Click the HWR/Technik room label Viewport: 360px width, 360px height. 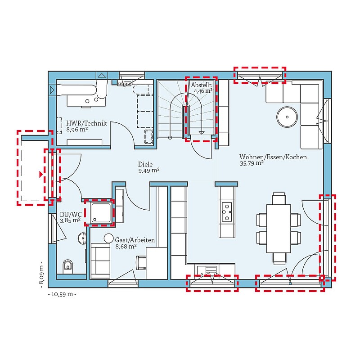(86, 123)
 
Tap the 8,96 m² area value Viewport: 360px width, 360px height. (77, 130)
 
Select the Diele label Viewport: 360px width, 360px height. (145, 164)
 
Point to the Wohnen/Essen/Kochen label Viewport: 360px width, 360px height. (273, 157)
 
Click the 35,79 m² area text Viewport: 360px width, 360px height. (252, 163)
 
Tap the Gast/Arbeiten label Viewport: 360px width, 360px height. (135, 240)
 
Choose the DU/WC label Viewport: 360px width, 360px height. (71, 215)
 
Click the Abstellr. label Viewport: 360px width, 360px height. (202, 85)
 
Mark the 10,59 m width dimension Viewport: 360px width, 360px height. (62, 294)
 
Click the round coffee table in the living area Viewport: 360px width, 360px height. (287, 117)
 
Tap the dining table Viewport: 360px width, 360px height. (279, 229)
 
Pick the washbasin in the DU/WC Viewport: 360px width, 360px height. (82, 238)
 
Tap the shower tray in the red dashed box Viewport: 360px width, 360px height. (101, 212)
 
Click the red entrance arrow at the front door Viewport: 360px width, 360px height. (41, 174)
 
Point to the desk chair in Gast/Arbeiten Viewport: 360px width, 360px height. (141, 263)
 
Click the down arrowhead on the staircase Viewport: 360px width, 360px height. (202, 133)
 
